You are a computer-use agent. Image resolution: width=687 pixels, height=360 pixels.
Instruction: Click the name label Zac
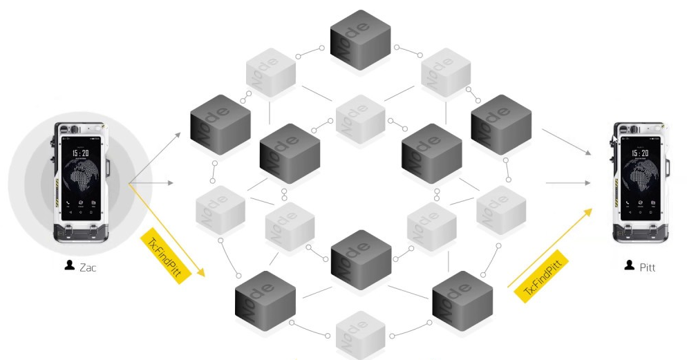click(x=87, y=267)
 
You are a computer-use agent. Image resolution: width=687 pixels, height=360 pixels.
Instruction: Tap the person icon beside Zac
click(x=70, y=266)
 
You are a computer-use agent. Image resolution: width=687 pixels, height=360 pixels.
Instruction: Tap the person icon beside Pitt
click(x=630, y=265)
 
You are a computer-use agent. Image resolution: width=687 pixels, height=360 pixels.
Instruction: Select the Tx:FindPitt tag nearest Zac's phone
click(x=164, y=252)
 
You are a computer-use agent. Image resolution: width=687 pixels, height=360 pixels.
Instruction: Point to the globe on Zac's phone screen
click(x=82, y=178)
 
